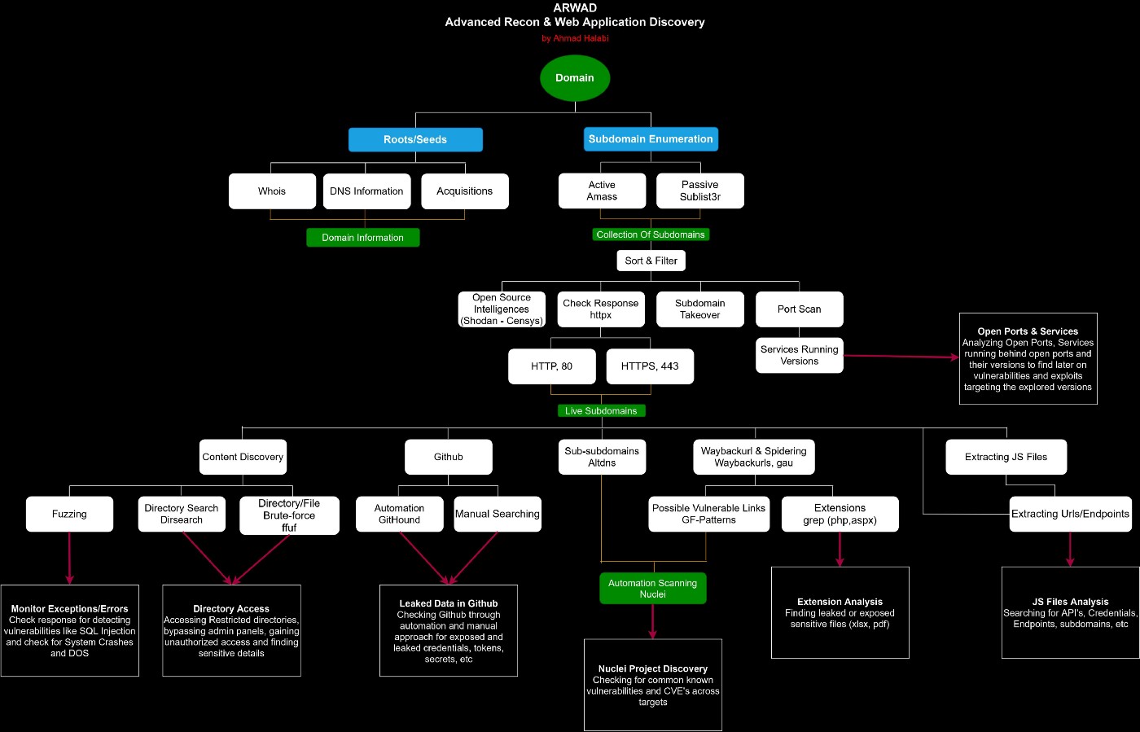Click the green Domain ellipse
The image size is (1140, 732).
(575, 78)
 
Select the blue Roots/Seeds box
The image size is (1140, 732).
(415, 139)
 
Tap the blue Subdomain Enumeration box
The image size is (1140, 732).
(651, 139)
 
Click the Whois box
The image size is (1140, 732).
(272, 191)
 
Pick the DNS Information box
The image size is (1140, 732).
(366, 191)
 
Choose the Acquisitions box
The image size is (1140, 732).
(464, 191)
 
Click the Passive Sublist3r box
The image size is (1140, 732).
(699, 191)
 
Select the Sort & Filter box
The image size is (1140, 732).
(651, 261)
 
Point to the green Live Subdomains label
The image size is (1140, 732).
(601, 411)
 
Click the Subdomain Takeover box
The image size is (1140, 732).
(699, 309)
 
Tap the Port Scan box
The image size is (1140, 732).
(799, 309)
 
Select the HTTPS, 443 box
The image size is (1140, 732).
(650, 366)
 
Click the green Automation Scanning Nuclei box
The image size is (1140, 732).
(652, 589)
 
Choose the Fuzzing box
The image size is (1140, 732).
(69, 515)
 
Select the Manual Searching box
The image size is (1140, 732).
(497, 515)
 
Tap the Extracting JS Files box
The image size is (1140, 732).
(1006, 458)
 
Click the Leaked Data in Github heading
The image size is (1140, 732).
(448, 603)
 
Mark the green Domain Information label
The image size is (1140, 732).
(362, 238)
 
